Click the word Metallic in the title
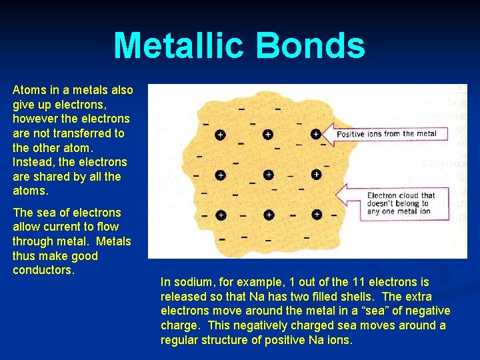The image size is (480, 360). pyautogui.click(x=178, y=46)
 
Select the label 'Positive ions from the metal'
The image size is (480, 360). pyautogui.click(x=387, y=134)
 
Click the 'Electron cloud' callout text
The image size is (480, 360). pyautogui.click(x=401, y=203)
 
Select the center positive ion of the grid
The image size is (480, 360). pyautogui.click(x=268, y=175)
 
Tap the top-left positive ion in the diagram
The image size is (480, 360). pyautogui.click(x=220, y=135)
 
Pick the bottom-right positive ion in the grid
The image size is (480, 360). pyautogui.click(x=317, y=215)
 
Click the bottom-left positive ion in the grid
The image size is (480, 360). pyautogui.click(x=220, y=215)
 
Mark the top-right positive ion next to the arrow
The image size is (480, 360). pyautogui.click(x=316, y=134)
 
